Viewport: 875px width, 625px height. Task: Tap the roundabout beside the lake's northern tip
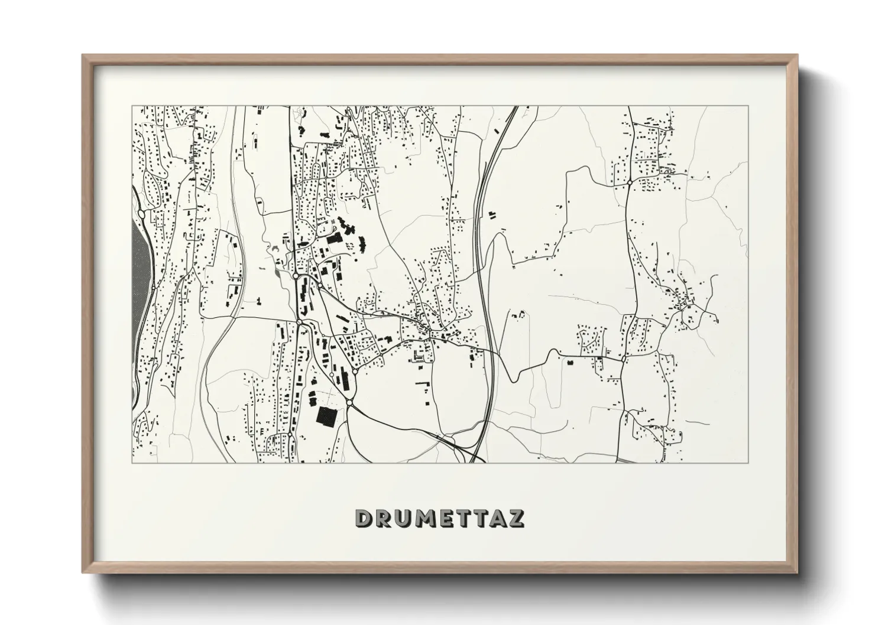click(142, 213)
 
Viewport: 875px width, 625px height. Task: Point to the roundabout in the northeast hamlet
click(631, 183)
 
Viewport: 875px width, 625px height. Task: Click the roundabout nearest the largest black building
click(349, 402)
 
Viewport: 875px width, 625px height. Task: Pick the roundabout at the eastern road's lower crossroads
click(624, 358)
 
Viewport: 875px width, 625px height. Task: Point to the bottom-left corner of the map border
click(132, 463)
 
